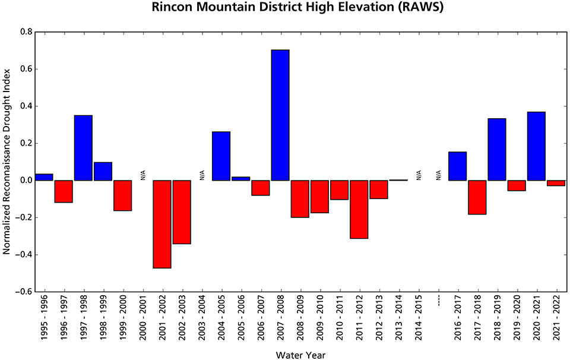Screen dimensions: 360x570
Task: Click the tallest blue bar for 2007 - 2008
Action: point(280,115)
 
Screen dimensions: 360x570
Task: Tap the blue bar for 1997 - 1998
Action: point(83,148)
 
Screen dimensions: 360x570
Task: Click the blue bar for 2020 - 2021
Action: point(537,146)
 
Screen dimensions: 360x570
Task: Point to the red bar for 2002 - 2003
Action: point(182,212)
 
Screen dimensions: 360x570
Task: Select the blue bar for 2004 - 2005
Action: point(221,156)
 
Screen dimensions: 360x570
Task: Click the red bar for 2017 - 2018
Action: point(477,197)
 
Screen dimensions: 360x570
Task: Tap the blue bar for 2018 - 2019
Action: point(497,150)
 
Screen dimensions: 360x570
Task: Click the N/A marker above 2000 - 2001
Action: point(142,175)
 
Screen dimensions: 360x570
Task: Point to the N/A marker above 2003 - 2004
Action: point(201,175)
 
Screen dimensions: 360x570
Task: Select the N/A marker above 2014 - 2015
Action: point(419,175)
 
